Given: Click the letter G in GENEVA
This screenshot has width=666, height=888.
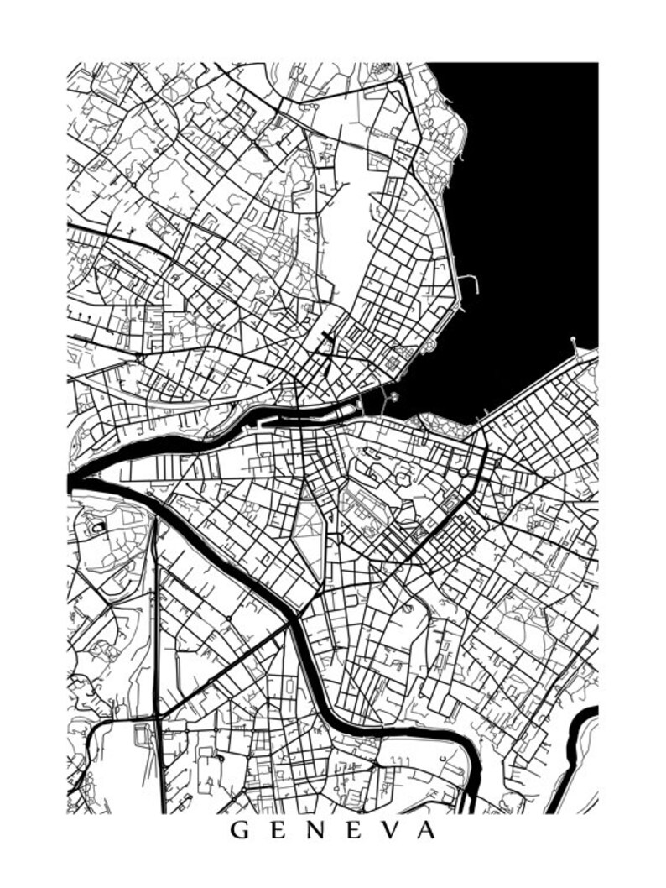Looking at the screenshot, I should (239, 831).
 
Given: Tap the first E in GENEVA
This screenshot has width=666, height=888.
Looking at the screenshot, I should (278, 831).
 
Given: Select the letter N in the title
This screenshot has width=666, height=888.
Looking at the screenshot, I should (318, 831).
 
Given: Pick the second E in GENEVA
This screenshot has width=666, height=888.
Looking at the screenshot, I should (356, 831).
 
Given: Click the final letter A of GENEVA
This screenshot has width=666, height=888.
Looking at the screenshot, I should (427, 831).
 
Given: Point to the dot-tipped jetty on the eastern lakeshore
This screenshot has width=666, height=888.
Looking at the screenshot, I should (574, 341).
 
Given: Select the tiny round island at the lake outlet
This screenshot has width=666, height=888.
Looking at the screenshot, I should (393, 396).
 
